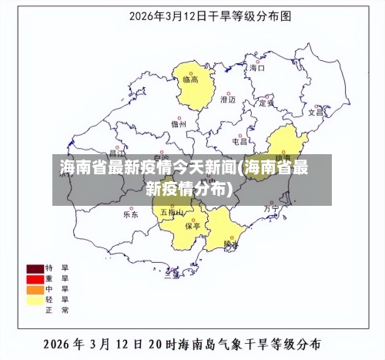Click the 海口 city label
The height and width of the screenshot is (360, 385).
(256, 68)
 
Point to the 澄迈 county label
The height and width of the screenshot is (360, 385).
(228, 99)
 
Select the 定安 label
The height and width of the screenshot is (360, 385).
(266, 103)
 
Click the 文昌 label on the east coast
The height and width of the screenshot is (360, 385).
(316, 112)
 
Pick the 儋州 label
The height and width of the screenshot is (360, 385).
(179, 123)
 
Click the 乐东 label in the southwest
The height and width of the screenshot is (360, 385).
(131, 214)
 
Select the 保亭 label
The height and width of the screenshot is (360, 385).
(193, 226)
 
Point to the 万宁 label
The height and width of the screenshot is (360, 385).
(271, 208)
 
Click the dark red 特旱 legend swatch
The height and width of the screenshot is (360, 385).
(35, 268)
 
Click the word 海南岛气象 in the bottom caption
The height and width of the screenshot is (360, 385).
(215, 343)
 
